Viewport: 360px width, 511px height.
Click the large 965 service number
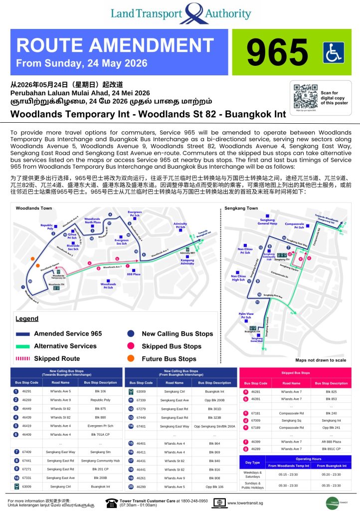(278, 52)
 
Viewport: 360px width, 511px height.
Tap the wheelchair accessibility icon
(333, 52)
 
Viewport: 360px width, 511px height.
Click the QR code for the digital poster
(305, 96)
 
